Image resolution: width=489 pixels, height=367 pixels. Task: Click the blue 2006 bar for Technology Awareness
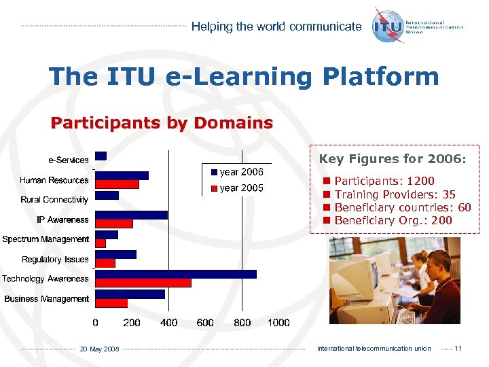click(x=176, y=274)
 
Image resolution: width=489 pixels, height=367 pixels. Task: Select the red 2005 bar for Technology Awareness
click(x=143, y=283)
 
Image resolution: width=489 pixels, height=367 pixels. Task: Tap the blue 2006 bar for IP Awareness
click(x=131, y=215)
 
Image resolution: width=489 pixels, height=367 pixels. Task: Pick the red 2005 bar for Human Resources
click(x=117, y=184)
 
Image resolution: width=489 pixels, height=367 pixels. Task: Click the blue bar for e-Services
click(x=101, y=156)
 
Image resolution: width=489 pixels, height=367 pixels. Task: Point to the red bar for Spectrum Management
click(x=101, y=243)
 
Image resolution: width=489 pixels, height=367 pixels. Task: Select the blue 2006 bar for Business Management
click(x=130, y=294)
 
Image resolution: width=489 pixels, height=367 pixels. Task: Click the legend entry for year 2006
click(x=237, y=172)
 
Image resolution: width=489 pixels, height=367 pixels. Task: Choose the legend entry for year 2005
click(x=237, y=188)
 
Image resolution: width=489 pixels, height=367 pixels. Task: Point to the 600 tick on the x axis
click(x=205, y=323)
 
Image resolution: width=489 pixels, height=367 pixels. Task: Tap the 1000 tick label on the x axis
click(x=278, y=323)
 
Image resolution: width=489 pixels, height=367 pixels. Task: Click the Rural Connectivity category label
click(x=54, y=200)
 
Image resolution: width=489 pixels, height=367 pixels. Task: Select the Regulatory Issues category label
click(x=55, y=260)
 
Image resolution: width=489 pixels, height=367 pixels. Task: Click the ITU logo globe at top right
click(x=388, y=26)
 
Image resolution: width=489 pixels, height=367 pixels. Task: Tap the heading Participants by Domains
click(x=162, y=123)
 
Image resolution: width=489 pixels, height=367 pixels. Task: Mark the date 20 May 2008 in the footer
click(x=99, y=349)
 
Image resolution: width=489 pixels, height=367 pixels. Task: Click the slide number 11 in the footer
click(x=458, y=349)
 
